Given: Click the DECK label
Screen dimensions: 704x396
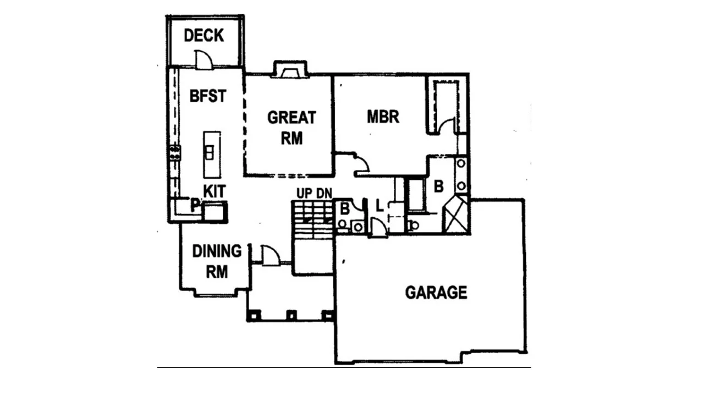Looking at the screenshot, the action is [x=204, y=36].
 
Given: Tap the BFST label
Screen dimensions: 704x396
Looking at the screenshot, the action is [x=207, y=96].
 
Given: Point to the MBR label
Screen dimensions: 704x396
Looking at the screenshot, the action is [x=383, y=117].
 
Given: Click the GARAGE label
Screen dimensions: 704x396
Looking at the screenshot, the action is [x=436, y=293].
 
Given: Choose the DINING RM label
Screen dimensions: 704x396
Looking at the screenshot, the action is [x=217, y=261].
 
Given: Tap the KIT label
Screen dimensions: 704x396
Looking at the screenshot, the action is [x=214, y=191].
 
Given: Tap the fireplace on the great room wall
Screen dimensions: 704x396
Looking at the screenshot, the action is [x=289, y=70].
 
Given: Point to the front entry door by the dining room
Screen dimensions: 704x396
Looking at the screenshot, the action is [x=269, y=256].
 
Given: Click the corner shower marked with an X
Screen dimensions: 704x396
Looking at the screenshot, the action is [x=455, y=215].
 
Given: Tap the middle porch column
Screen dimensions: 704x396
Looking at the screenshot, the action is [x=291, y=315].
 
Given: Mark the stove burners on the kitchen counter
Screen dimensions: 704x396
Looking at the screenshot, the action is [x=175, y=152].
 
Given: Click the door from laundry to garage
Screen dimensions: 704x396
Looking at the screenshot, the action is [x=377, y=228].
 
